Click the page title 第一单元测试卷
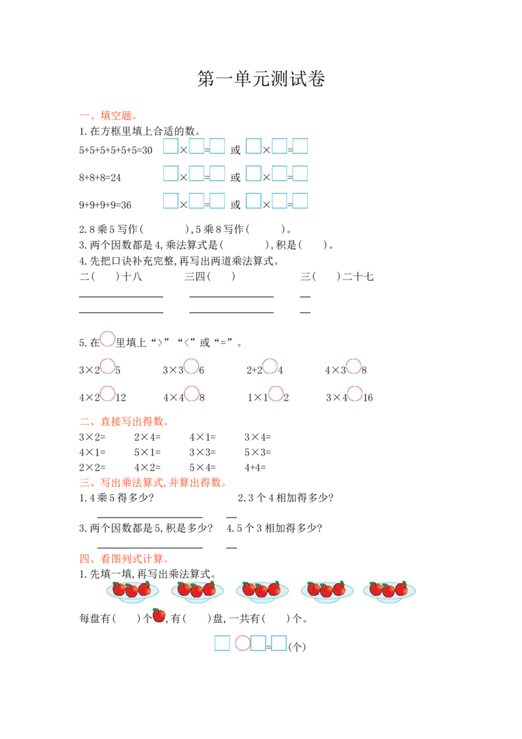[261, 79]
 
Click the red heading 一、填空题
[108, 116]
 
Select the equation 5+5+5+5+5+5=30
[116, 150]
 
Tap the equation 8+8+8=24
[100, 178]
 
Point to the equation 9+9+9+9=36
[105, 205]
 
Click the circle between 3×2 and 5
[108, 366]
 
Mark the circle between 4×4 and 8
[191, 394]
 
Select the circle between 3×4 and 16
[355, 394]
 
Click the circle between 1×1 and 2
[276, 394]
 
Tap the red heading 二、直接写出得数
[125, 421]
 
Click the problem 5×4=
[202, 467]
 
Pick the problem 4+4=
[255, 467]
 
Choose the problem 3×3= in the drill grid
[202, 452]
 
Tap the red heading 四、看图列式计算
[125, 559]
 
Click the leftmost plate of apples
[132, 591]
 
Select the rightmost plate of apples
[389, 591]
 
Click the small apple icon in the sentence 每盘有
[159, 616]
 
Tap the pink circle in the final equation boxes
[243, 643]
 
